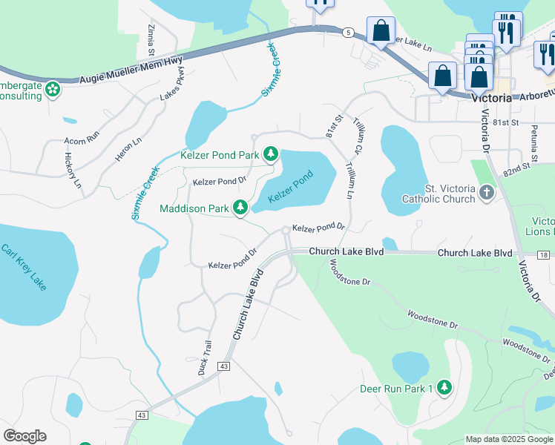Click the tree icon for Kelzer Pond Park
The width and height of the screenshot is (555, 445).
click(272, 154)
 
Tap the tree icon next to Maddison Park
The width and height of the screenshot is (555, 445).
click(240, 208)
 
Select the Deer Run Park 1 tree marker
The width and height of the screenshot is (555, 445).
click(444, 388)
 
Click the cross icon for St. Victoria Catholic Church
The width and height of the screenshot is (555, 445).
click(486, 194)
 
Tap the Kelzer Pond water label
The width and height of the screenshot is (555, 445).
click(291, 186)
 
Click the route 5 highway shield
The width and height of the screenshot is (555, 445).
click(347, 32)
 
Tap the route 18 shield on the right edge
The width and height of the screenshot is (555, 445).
click(545, 255)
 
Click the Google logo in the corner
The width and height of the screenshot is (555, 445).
click(24, 436)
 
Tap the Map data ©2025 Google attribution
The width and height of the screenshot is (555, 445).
click(508, 438)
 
